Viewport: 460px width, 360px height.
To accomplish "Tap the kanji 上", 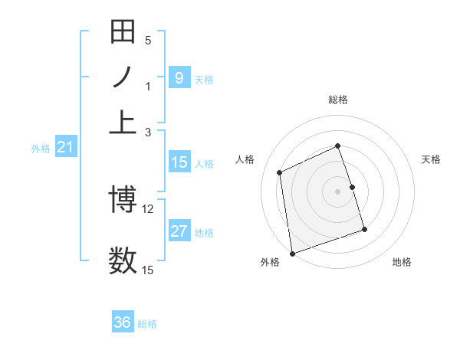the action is coord(123,121).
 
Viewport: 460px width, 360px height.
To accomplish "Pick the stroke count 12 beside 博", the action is coord(148,208).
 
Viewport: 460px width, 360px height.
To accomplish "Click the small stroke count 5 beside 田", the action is coord(148,41).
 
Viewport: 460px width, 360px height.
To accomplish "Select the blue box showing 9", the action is coord(179,78).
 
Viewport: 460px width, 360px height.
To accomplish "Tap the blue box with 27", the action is coord(179,232).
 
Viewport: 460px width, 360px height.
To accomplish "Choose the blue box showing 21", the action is coord(64,148).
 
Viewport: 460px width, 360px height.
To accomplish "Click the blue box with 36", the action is coord(123,322).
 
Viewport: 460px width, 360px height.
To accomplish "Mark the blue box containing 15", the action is coord(179,162).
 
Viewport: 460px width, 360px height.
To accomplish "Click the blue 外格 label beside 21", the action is coord(40,149).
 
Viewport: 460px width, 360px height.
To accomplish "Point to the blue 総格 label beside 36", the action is coord(147,324).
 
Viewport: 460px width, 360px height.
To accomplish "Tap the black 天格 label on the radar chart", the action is coord(431,159).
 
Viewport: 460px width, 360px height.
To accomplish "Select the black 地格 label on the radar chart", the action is coord(402,262).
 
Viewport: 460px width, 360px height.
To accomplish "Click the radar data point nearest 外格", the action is coord(292,254).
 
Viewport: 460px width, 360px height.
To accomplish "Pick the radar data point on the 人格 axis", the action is coord(280,172).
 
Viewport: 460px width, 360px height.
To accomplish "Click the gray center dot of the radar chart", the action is coord(337,191).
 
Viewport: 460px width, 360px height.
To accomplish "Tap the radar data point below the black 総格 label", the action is coord(337,146).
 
